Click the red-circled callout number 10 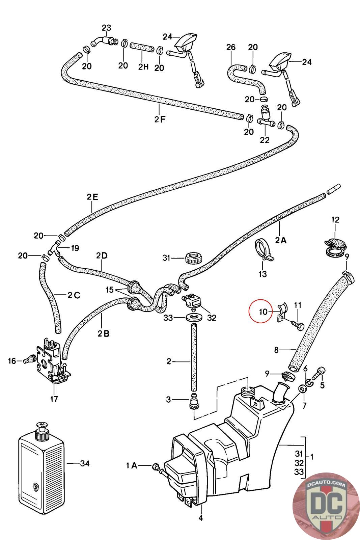point(263,311)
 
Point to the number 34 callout point(85,463)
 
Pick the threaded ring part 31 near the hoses point(193,258)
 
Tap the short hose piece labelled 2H point(139,47)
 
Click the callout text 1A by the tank point(132,466)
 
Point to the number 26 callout point(231,47)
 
